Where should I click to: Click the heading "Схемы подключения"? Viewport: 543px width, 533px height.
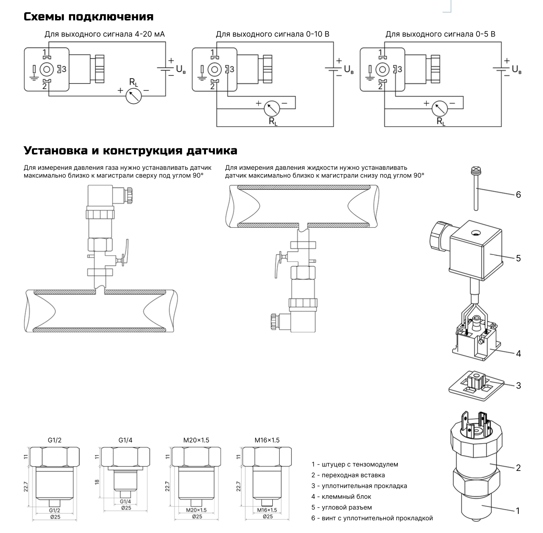point(89,17)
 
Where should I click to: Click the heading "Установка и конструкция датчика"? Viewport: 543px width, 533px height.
point(131,150)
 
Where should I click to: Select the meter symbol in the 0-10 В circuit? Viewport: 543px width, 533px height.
point(271,109)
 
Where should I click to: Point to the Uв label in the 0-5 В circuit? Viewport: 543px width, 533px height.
point(516,70)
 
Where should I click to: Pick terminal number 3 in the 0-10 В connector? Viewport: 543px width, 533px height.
point(232,69)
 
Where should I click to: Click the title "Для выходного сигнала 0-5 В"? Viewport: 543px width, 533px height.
point(440,34)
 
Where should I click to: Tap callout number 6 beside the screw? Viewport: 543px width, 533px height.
point(518,194)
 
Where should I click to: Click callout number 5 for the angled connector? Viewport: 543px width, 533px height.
point(518,258)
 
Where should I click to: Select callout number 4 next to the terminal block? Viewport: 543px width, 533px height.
point(518,353)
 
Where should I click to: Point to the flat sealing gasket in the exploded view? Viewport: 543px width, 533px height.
point(476,386)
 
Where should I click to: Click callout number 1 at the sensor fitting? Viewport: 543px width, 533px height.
point(518,511)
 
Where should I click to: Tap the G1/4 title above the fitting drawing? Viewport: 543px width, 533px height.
point(125,440)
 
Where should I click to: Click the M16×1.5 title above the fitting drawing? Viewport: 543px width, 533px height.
point(267,440)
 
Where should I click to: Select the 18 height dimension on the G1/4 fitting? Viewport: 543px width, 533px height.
point(97,481)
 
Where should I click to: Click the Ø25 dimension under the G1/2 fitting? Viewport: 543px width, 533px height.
point(55,517)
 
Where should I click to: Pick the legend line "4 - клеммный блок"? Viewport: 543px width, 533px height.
point(341,497)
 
